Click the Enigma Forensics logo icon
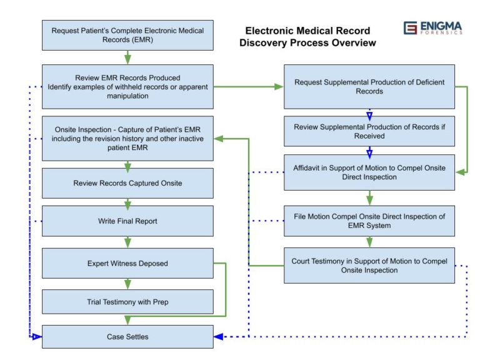[x=410, y=28]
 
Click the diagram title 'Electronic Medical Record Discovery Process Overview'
[x=307, y=37]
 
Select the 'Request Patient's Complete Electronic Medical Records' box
[x=127, y=35]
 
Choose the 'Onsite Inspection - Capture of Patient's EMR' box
[x=127, y=138]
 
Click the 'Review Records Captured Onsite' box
[x=127, y=183]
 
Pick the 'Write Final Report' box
[x=127, y=221]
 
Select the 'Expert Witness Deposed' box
[x=127, y=263]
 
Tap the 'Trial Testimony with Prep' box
[x=127, y=302]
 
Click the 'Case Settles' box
[x=127, y=337]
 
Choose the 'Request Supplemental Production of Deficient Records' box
[x=369, y=87]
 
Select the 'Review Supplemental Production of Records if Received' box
[x=369, y=131]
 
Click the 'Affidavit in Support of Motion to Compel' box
[x=369, y=172]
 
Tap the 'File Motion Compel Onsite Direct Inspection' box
[x=369, y=221]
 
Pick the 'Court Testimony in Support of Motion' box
[x=369, y=266]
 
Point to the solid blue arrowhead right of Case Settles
[x=219, y=337]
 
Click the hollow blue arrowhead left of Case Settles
[x=37, y=337]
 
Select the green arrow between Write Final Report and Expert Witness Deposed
[x=127, y=242]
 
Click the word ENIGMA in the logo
[x=441, y=26]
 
